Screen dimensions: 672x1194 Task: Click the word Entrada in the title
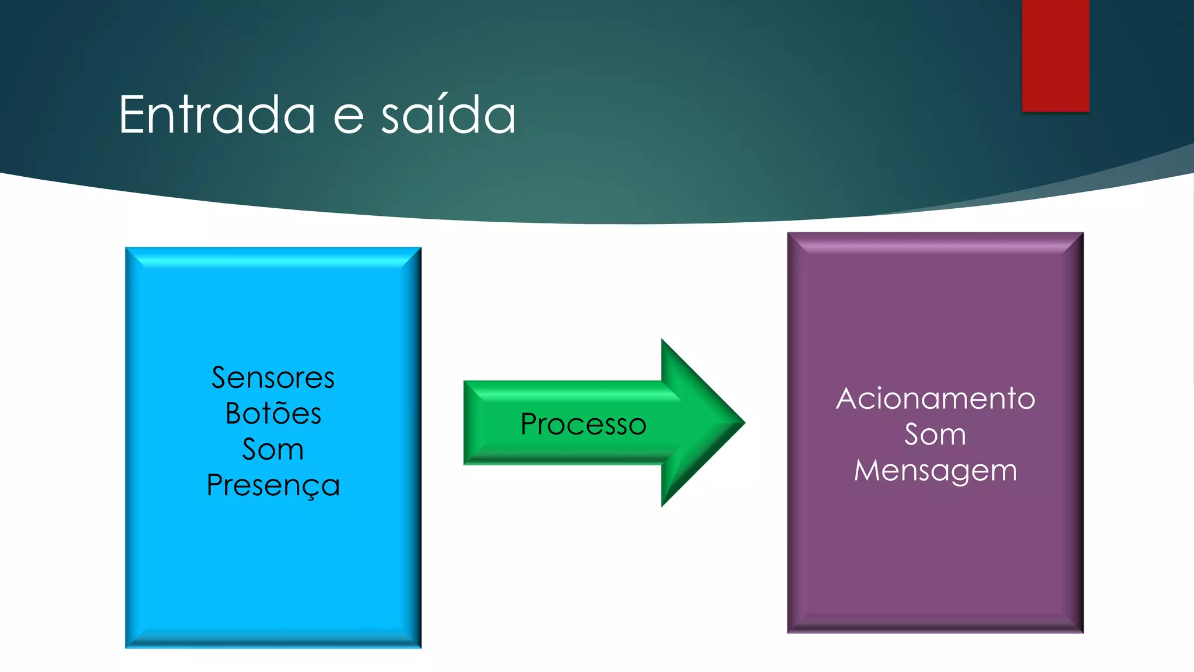(217, 115)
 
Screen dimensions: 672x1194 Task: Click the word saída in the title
(448, 115)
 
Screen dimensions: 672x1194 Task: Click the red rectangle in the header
(1055, 55)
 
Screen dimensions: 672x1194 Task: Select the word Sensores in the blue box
(273, 378)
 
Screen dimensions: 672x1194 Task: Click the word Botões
(273, 414)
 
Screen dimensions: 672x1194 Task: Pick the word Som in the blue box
(273, 450)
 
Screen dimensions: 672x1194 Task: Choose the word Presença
(273, 485)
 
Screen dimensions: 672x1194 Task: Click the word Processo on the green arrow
(583, 424)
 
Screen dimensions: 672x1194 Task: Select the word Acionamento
(935, 399)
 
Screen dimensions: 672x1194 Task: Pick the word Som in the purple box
(935, 435)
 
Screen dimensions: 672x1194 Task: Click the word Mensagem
(935, 471)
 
